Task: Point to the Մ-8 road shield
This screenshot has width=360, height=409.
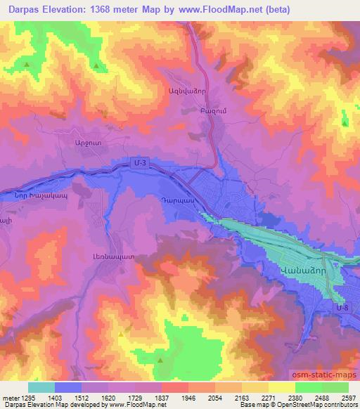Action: pyautogui.click(x=342, y=307)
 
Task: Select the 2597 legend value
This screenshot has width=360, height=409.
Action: pyautogui.click(x=348, y=397)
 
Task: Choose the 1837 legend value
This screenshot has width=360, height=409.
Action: pyautogui.click(x=162, y=397)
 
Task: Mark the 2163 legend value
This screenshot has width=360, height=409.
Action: pyautogui.click(x=241, y=397)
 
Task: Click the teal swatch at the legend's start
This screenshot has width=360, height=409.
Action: pyautogui.click(x=41, y=387)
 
